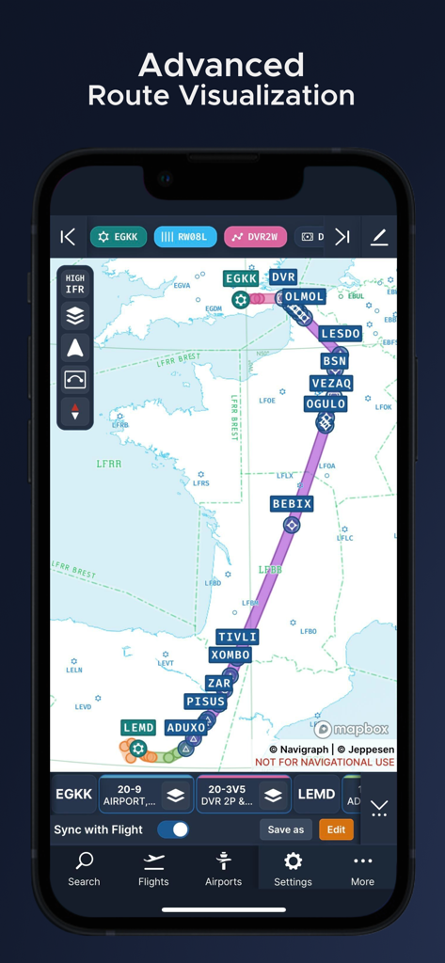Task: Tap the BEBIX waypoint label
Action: coord(292,504)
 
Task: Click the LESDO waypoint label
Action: coord(340,334)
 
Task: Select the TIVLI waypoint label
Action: coord(237,637)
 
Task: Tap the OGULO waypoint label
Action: coord(326,403)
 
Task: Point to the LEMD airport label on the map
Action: coord(138,728)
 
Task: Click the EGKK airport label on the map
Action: coord(242,278)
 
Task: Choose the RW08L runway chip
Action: coord(185,237)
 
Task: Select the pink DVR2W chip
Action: coord(255,237)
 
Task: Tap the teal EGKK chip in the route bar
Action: coord(119,237)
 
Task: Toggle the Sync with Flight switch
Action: coord(173,829)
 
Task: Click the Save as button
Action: coord(286,829)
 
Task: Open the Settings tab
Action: coord(293,869)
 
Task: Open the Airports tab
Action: coord(223,869)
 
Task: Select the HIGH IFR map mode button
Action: coord(75,284)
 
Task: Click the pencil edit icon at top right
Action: coord(379,237)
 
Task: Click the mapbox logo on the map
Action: coord(352,729)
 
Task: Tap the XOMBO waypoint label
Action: coord(230,655)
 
